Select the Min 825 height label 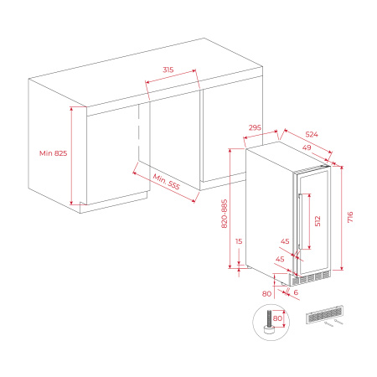click(53, 153)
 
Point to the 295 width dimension click(256, 128)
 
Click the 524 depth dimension click(311, 134)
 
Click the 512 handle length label click(318, 221)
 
